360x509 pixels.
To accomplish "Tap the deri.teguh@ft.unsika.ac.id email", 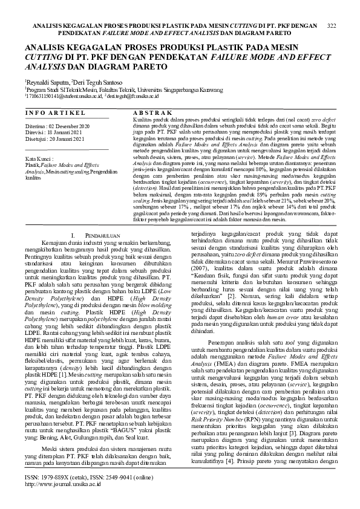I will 134,96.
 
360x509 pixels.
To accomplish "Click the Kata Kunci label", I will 39,159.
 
